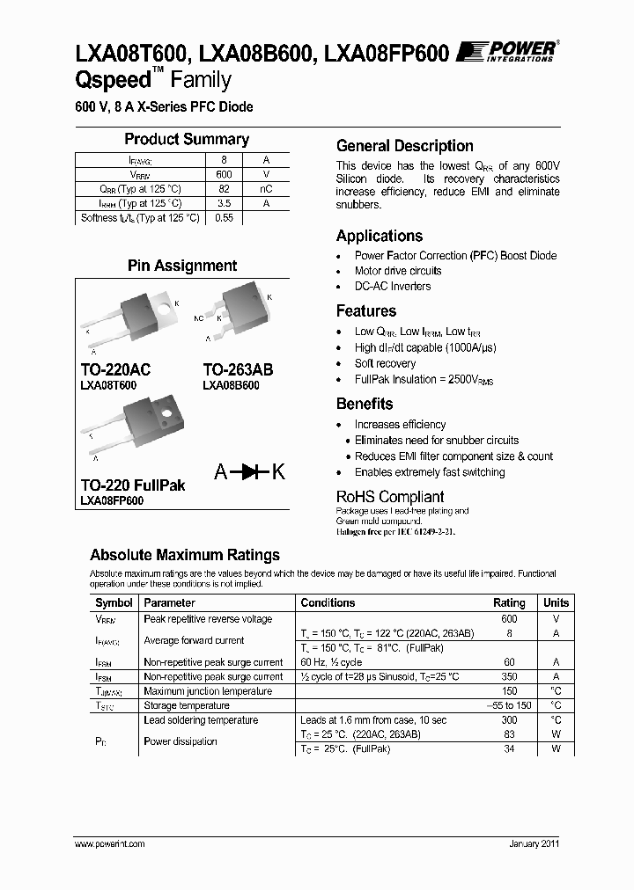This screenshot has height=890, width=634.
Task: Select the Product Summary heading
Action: coord(187,139)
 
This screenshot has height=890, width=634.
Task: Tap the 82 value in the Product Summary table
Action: coord(224,189)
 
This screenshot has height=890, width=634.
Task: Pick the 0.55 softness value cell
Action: coord(224,218)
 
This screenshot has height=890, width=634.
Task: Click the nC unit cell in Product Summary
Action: coord(266,189)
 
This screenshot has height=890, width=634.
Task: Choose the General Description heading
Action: coord(405,146)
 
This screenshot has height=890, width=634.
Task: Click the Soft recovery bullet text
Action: coord(385,363)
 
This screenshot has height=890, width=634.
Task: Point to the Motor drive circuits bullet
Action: coord(398,271)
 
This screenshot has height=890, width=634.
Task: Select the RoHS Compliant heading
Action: coord(390,497)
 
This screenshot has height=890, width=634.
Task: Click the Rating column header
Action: coord(509,603)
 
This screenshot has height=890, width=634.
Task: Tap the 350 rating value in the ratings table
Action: coord(508,677)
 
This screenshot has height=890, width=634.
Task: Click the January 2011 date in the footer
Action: coord(534,843)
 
